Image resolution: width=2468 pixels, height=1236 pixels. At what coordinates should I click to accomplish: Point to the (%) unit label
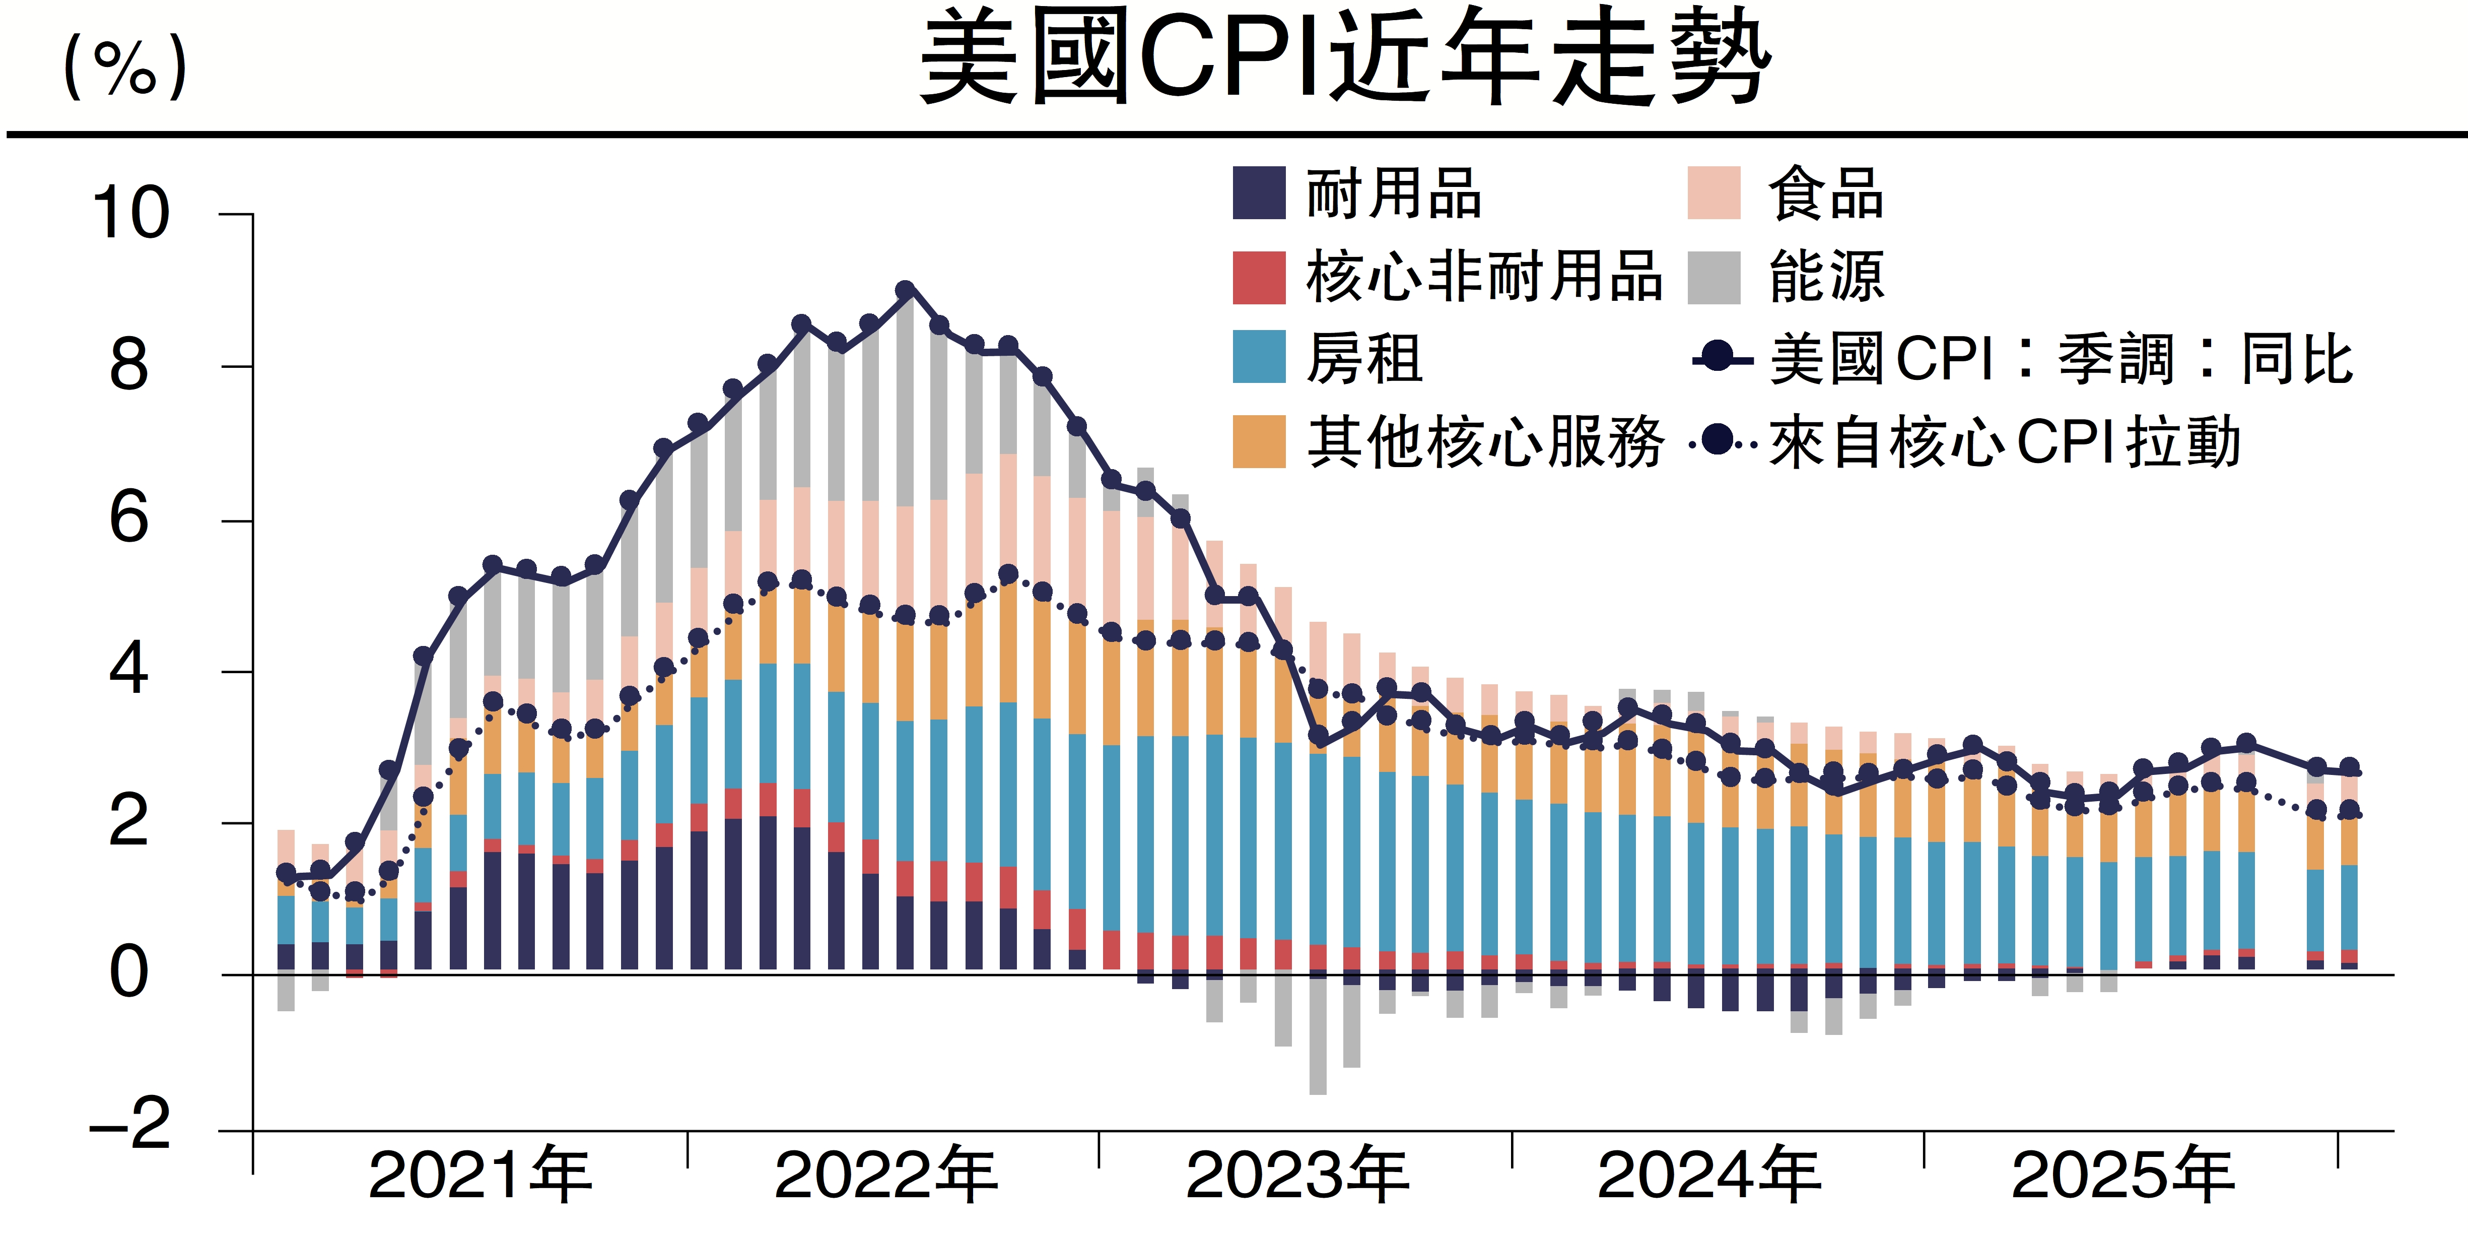(124, 67)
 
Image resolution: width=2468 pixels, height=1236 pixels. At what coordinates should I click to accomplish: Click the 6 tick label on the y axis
(129, 518)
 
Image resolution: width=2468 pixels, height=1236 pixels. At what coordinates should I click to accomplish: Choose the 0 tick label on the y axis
(129, 973)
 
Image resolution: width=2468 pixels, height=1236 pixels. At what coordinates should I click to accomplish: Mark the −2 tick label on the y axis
(129, 1124)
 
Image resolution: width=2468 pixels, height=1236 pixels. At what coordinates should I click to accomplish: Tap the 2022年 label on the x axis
(886, 1176)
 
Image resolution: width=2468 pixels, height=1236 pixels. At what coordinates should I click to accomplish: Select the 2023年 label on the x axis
(1297, 1176)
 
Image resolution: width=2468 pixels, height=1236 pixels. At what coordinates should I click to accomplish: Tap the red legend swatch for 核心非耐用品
(1258, 278)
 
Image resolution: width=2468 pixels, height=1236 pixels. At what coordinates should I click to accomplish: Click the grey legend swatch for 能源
(1713, 278)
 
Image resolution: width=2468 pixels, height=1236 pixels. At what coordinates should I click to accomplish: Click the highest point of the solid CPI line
(905, 289)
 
